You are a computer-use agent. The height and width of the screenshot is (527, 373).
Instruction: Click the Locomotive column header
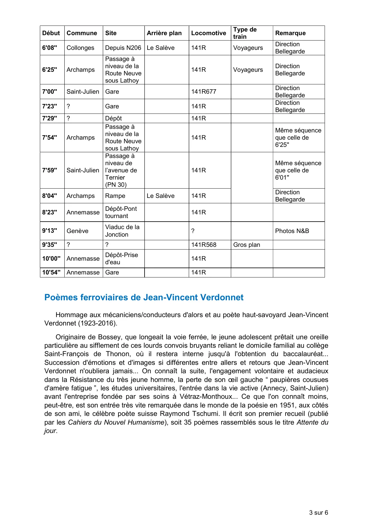click(208, 33)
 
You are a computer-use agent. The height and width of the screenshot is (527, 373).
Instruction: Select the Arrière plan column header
click(164, 33)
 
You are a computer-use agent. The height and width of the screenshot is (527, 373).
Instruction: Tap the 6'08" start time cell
click(50, 48)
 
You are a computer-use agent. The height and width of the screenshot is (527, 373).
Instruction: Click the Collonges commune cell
click(80, 48)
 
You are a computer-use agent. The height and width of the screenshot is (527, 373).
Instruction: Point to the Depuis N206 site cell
click(123, 48)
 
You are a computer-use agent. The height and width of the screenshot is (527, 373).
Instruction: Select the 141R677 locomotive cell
click(203, 92)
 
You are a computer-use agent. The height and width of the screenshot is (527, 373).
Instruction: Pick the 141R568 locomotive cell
click(203, 245)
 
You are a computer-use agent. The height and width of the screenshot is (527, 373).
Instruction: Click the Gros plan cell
click(246, 245)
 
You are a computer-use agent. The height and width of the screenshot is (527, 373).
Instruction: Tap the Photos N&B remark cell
click(292, 231)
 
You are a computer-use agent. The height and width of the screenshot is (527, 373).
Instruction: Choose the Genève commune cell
click(78, 231)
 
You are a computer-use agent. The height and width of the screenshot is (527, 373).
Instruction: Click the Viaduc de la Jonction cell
click(122, 231)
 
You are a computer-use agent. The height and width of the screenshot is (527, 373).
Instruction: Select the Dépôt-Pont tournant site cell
click(121, 212)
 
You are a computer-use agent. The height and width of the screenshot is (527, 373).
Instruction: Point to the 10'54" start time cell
click(51, 272)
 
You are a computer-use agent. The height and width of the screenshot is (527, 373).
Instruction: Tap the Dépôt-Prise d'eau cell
click(121, 259)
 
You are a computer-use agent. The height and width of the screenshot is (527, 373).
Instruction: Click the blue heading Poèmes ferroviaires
click(144, 297)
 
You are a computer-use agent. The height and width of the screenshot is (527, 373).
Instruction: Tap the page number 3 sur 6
click(318, 513)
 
